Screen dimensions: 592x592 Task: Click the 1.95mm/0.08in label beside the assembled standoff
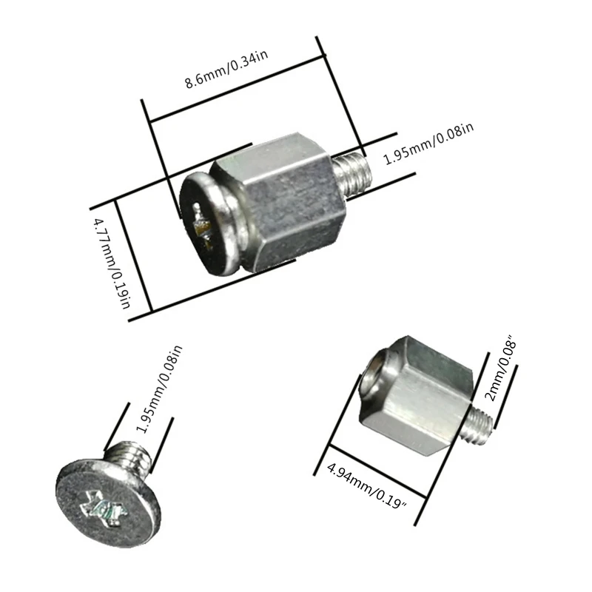tap(428, 146)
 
